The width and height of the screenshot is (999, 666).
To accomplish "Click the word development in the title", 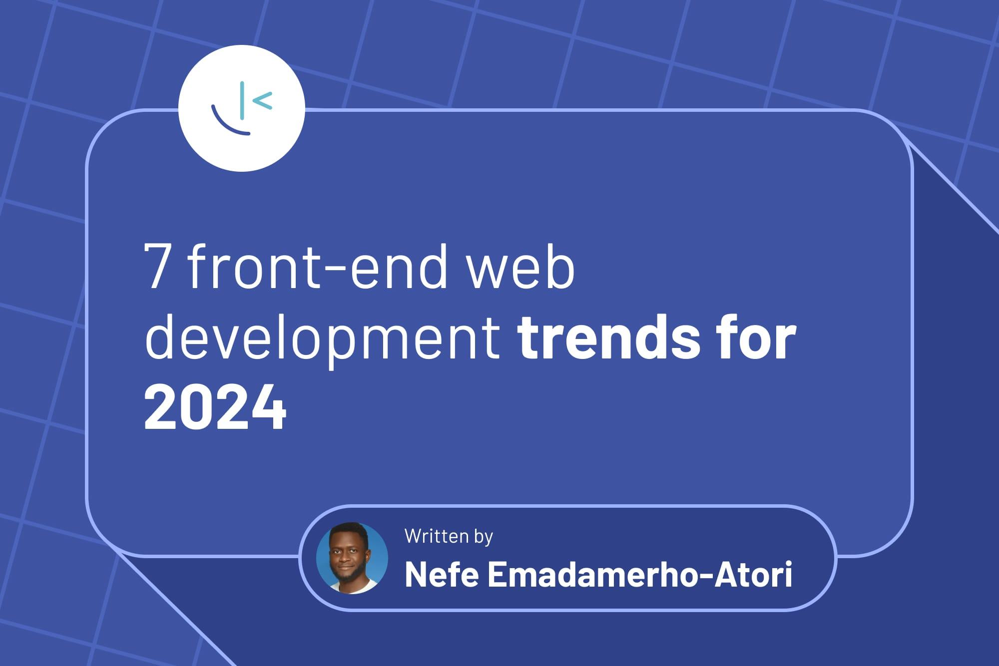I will pos(322,339).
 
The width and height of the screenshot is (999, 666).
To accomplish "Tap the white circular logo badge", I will pos(242,108).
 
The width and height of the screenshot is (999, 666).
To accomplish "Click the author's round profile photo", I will pos(352,558).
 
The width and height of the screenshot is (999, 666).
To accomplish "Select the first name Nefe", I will pos(442,575).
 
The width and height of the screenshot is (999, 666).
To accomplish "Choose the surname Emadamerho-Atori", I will pos(640,575).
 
